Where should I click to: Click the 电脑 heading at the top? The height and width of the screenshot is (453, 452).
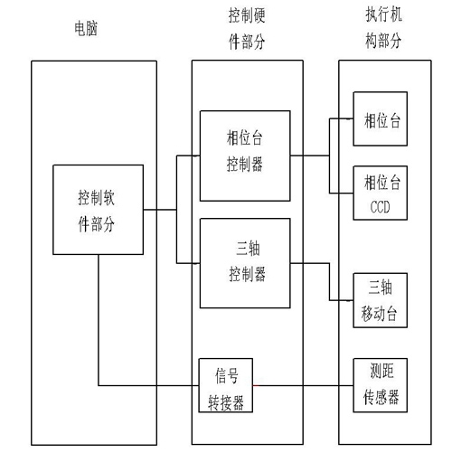85,30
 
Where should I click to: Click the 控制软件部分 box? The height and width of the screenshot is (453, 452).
98,209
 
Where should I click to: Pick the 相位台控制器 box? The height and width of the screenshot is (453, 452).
245,155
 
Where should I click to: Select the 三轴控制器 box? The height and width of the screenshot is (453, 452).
245,260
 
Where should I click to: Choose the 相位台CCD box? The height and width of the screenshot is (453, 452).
381,193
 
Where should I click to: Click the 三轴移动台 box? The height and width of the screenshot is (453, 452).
381,299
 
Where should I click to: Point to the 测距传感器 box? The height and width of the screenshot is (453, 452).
381,384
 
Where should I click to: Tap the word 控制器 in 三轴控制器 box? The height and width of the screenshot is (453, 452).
245,271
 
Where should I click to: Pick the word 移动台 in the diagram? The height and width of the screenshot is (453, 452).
381,312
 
